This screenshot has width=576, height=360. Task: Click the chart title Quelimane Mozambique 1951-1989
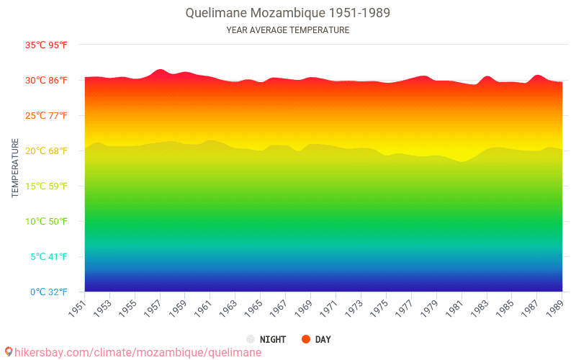(x=288, y=13)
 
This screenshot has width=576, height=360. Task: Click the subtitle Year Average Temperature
(x=288, y=30)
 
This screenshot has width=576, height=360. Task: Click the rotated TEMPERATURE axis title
(x=15, y=168)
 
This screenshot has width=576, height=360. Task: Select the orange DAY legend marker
(x=305, y=339)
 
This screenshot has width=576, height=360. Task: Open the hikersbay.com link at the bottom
(x=138, y=353)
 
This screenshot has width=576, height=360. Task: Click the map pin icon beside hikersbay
(x=9, y=352)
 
